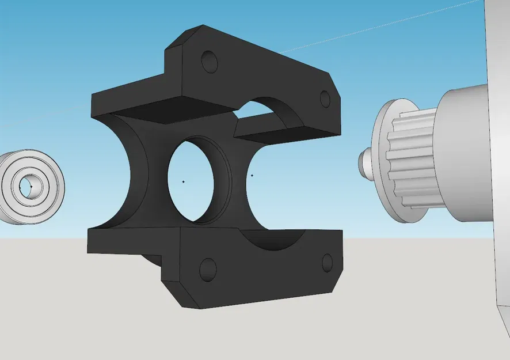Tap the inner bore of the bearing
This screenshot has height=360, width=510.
[x=26, y=187]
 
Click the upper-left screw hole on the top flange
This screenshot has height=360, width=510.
[x=209, y=61]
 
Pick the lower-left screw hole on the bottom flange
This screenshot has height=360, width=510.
[x=207, y=269]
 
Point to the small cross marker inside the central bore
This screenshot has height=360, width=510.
[x=183, y=181]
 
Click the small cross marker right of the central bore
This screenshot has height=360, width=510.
[x=252, y=175]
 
